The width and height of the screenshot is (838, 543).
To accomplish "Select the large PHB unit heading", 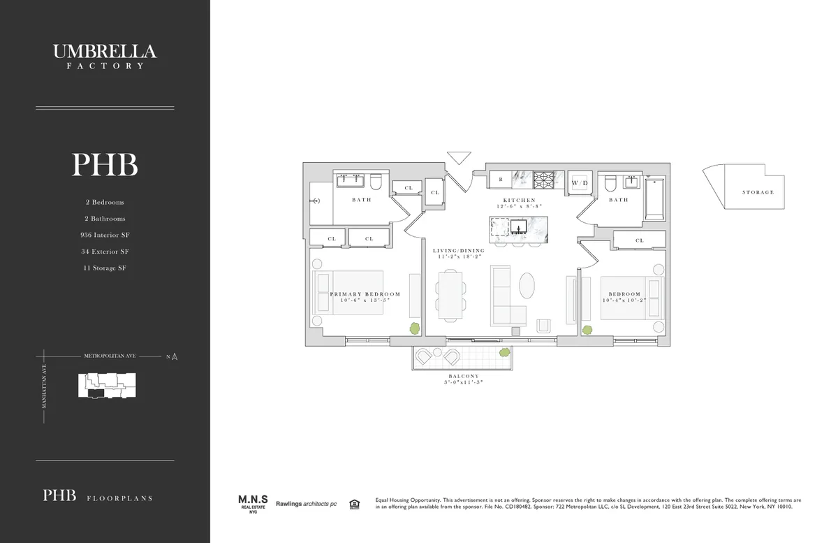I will (x=105, y=165).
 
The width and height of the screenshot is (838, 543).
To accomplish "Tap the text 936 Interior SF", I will (x=105, y=235).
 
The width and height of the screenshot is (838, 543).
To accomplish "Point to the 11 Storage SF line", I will (x=105, y=268).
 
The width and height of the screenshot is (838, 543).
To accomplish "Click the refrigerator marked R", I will (x=501, y=180).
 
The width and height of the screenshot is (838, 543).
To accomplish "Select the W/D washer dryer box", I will (x=579, y=182).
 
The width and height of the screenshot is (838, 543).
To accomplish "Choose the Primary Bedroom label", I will (x=365, y=294).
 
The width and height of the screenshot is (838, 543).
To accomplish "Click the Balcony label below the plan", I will (x=463, y=376).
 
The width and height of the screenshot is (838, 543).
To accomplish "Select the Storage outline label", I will (x=758, y=192).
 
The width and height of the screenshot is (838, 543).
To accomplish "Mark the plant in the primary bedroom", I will (x=414, y=328).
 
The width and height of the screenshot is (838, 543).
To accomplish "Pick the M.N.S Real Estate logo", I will (x=250, y=503).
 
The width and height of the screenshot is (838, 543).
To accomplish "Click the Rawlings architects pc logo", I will (x=305, y=504).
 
